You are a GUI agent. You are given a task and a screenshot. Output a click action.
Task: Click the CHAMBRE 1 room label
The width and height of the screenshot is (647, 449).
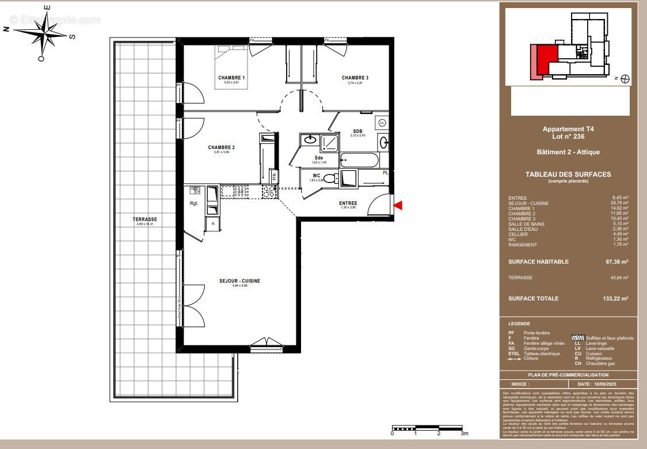[231, 78]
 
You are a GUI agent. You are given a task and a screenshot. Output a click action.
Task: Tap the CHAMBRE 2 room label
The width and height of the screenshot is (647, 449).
[221, 147]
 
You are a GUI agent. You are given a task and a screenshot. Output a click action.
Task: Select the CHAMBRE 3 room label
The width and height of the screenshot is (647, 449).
[355, 78]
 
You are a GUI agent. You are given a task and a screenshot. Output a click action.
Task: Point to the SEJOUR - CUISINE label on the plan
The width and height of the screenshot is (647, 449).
[239, 281]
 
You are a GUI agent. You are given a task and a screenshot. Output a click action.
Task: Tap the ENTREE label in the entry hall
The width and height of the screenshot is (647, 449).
[348, 203]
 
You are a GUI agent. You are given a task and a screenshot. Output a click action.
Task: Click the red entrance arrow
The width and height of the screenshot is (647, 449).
[398, 205]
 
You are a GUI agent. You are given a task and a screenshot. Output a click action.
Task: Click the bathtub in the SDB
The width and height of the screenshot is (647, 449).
[359, 159]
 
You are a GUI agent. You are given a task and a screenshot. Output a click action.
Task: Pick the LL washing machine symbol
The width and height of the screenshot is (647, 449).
[382, 122]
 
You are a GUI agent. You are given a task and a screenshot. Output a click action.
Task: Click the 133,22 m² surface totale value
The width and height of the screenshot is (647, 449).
[618, 299]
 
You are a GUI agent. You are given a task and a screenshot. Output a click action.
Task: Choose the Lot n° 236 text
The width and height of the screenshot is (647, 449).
[568, 136]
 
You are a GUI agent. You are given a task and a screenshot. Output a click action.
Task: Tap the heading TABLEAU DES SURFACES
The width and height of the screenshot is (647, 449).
[568, 174]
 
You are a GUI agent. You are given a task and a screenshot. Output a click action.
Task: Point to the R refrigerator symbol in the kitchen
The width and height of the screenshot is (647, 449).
[212, 223]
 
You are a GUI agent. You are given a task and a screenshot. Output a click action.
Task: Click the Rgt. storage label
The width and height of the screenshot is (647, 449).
[194, 203]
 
